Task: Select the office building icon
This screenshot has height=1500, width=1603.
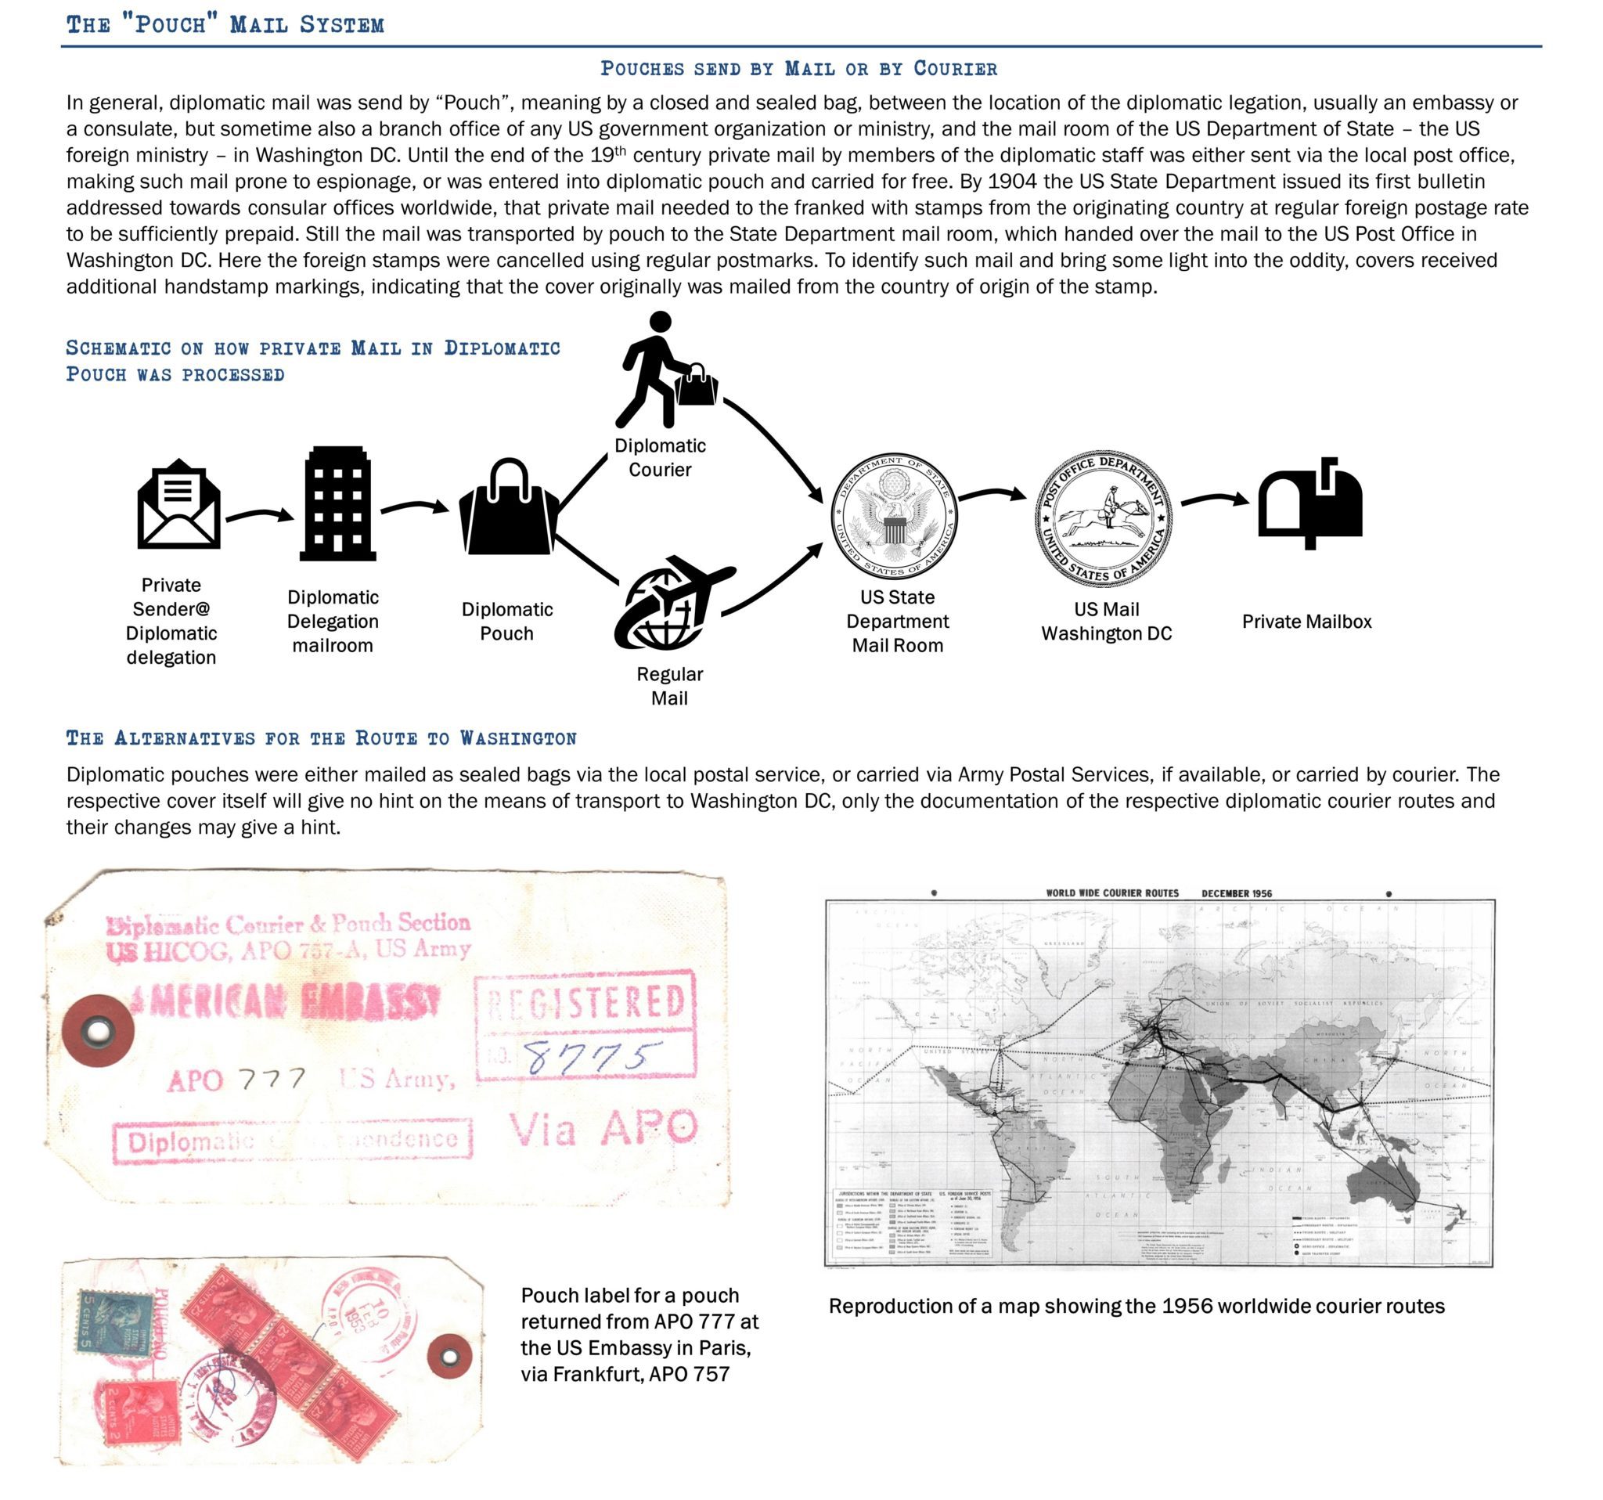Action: click(337, 504)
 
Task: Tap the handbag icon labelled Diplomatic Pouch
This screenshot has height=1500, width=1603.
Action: click(508, 508)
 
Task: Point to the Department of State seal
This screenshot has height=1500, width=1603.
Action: click(894, 516)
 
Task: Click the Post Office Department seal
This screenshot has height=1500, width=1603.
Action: click(1104, 518)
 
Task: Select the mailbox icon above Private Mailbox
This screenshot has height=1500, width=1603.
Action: click(1309, 504)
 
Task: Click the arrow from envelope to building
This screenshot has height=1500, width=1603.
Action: click(260, 514)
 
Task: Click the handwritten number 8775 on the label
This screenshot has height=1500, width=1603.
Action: click(593, 1056)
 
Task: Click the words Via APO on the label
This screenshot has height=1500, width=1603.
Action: click(603, 1127)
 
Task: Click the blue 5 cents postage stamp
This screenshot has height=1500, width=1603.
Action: click(116, 1321)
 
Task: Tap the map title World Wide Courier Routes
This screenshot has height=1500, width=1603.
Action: click(1112, 892)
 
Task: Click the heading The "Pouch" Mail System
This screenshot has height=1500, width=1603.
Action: click(225, 24)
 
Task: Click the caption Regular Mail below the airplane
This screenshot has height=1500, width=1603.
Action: click(669, 686)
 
